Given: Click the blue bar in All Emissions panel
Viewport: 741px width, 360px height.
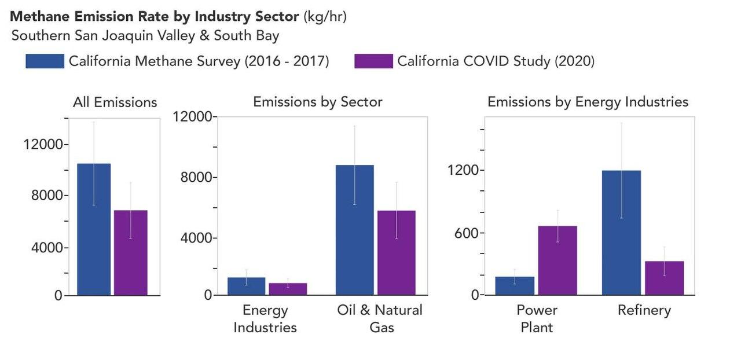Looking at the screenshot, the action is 94,229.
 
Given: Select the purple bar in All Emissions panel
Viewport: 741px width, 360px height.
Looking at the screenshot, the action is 131,253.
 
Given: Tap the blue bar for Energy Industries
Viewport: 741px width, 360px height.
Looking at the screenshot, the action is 247,286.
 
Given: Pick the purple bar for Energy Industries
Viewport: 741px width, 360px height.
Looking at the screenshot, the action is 288,289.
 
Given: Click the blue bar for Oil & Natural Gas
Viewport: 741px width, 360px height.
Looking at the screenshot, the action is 355,230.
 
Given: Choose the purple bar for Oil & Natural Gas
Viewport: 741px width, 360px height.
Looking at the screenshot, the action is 397,253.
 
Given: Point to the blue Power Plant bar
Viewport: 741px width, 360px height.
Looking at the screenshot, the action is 515,285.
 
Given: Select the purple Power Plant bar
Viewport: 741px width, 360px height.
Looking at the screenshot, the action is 557,260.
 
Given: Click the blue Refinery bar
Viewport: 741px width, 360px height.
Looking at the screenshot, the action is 622,233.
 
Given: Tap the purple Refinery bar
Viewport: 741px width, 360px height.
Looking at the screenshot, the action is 664,278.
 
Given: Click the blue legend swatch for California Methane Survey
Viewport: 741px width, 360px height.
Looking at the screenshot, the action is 45,61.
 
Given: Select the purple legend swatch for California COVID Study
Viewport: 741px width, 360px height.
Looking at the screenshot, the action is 373,61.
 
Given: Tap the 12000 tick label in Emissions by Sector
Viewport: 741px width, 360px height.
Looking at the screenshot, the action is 193,116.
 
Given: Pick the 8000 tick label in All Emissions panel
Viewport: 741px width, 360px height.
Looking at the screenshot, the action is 47,195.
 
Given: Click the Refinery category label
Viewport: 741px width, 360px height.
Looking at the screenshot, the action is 644,310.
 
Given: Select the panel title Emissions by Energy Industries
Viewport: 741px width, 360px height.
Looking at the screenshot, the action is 588,102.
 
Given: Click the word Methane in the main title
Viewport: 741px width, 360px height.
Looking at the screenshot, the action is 39,16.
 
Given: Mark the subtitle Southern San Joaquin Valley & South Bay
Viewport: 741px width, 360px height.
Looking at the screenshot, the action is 145,36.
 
